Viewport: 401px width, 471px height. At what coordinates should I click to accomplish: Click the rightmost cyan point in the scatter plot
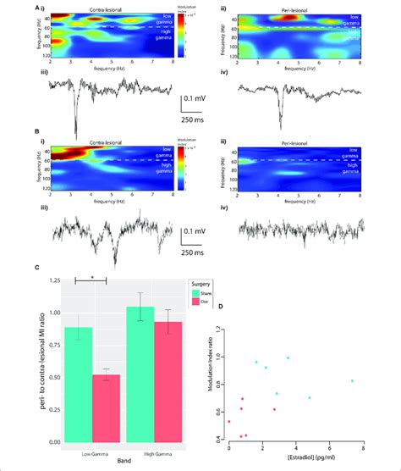tap(352, 381)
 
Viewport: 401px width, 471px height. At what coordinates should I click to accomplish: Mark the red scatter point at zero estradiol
tap(228, 421)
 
